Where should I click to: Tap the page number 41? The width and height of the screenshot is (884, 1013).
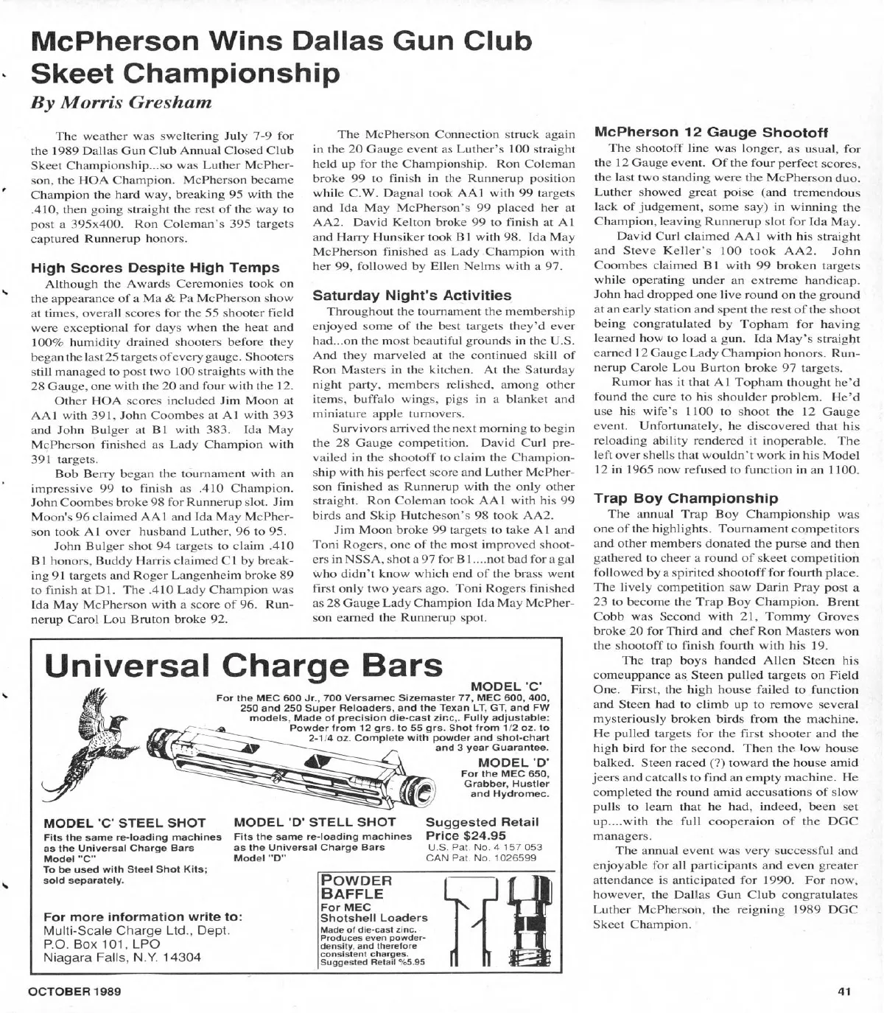(x=844, y=991)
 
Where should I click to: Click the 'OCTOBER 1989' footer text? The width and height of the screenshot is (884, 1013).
(x=74, y=991)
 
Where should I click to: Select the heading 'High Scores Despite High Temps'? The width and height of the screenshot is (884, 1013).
(x=155, y=268)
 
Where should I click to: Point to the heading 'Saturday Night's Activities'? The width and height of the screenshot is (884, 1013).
(x=412, y=296)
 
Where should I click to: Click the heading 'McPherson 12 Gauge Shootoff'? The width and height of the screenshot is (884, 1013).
(x=711, y=133)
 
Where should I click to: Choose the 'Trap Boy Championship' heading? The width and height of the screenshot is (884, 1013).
(x=685, y=498)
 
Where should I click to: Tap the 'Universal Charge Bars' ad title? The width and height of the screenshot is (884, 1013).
(x=243, y=666)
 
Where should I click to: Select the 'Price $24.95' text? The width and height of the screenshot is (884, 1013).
(x=466, y=835)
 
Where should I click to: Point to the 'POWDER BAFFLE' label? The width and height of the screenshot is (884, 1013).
(x=356, y=887)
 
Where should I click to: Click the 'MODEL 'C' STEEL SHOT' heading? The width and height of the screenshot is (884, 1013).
(x=124, y=823)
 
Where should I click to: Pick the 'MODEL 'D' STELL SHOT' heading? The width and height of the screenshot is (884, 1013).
(x=315, y=822)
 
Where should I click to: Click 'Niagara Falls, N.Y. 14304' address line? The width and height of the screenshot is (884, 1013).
(x=122, y=958)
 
